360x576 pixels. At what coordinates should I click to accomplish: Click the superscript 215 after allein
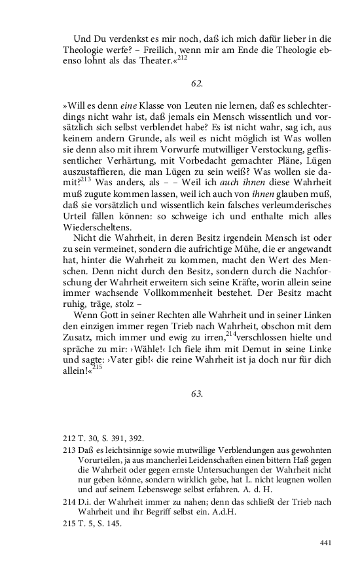(97, 366)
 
